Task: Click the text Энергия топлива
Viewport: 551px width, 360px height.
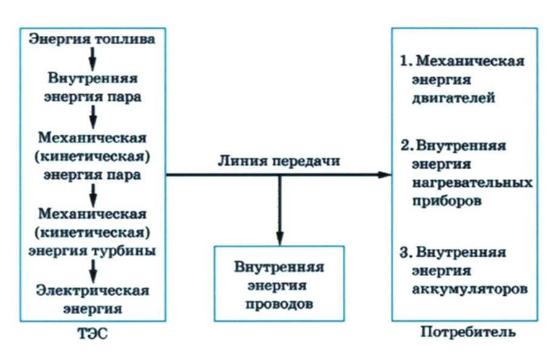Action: pos(92,40)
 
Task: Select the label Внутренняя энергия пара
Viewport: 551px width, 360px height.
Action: pos(92,88)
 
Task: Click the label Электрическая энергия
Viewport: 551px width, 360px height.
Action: pos(92,299)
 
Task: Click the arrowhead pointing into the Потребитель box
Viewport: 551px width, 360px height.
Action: pos(386,175)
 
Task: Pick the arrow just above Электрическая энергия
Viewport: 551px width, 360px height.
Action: pos(92,270)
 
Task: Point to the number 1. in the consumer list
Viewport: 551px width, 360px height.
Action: pos(406,62)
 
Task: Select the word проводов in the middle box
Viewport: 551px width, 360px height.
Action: pos(279,304)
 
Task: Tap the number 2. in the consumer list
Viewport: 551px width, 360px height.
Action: pos(406,146)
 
